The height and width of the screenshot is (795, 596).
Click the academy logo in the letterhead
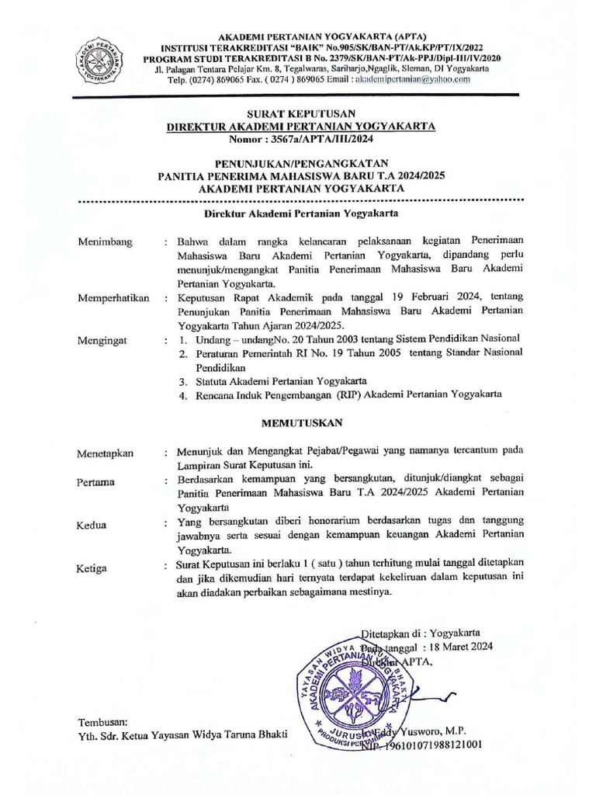[x=102, y=61]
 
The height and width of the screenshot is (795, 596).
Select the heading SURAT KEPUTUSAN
[x=301, y=113]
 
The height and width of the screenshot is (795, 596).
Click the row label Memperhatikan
[x=113, y=297]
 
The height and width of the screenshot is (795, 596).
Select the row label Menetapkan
[x=106, y=453]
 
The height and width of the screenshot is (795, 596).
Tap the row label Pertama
[x=96, y=482]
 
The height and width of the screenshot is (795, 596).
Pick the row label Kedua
[x=92, y=526]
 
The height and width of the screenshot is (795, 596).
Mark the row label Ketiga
[x=92, y=568]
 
